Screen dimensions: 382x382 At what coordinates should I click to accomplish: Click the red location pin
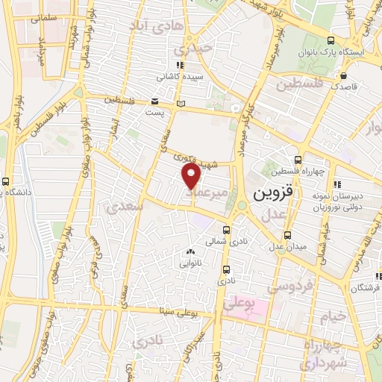pos(192,176)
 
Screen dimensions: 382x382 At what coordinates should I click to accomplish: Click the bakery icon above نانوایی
pos(190,251)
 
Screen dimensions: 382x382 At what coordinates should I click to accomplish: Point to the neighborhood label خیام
pos(334,316)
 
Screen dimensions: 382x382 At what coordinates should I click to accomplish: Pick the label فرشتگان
pos(367,287)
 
